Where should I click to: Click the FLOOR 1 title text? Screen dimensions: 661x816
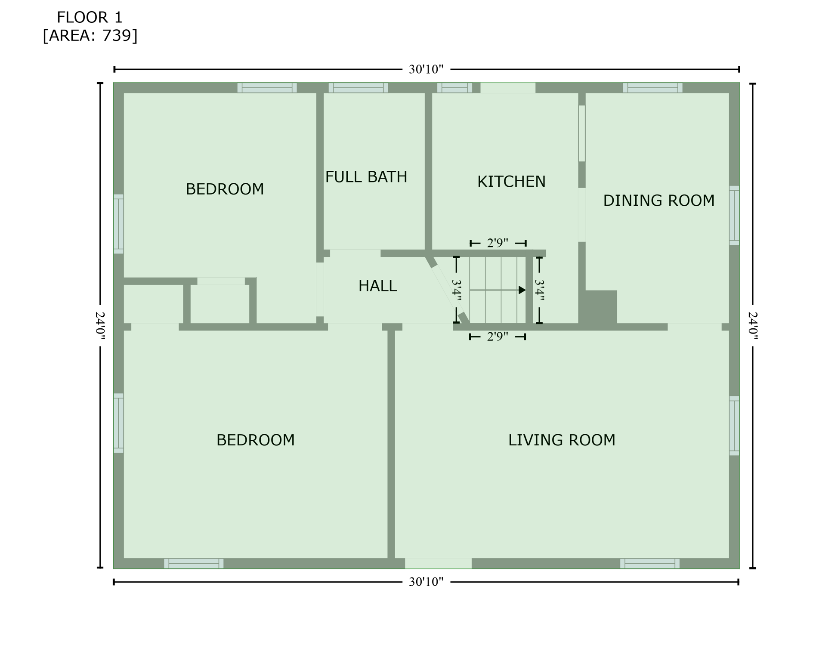pos(90,18)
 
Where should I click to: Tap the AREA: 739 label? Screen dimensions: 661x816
pos(90,36)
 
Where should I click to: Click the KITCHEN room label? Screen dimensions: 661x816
pos(511,182)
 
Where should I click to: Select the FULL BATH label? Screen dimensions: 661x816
pos(366,177)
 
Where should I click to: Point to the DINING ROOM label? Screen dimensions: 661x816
pos(658,201)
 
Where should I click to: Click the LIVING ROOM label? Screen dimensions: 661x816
pos(561,440)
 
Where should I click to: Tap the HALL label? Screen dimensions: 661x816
pos(377,286)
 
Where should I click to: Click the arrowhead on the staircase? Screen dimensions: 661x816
pos(522,290)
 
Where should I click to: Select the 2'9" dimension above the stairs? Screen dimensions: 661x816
pos(498,243)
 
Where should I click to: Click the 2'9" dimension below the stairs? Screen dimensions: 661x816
pos(498,337)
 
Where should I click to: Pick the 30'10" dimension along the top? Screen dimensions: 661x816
pos(426,69)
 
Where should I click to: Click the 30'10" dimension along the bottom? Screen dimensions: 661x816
pos(426,582)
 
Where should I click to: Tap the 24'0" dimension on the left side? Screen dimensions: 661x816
pos(100,325)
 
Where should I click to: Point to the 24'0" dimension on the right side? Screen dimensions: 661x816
pos(753,325)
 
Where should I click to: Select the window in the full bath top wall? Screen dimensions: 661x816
pos(358,88)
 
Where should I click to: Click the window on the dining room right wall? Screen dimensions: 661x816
pos(734,216)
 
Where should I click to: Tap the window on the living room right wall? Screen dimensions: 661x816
pos(734,426)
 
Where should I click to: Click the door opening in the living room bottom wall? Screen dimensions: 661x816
pos(438,563)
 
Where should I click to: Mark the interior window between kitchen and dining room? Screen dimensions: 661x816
pos(581,133)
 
